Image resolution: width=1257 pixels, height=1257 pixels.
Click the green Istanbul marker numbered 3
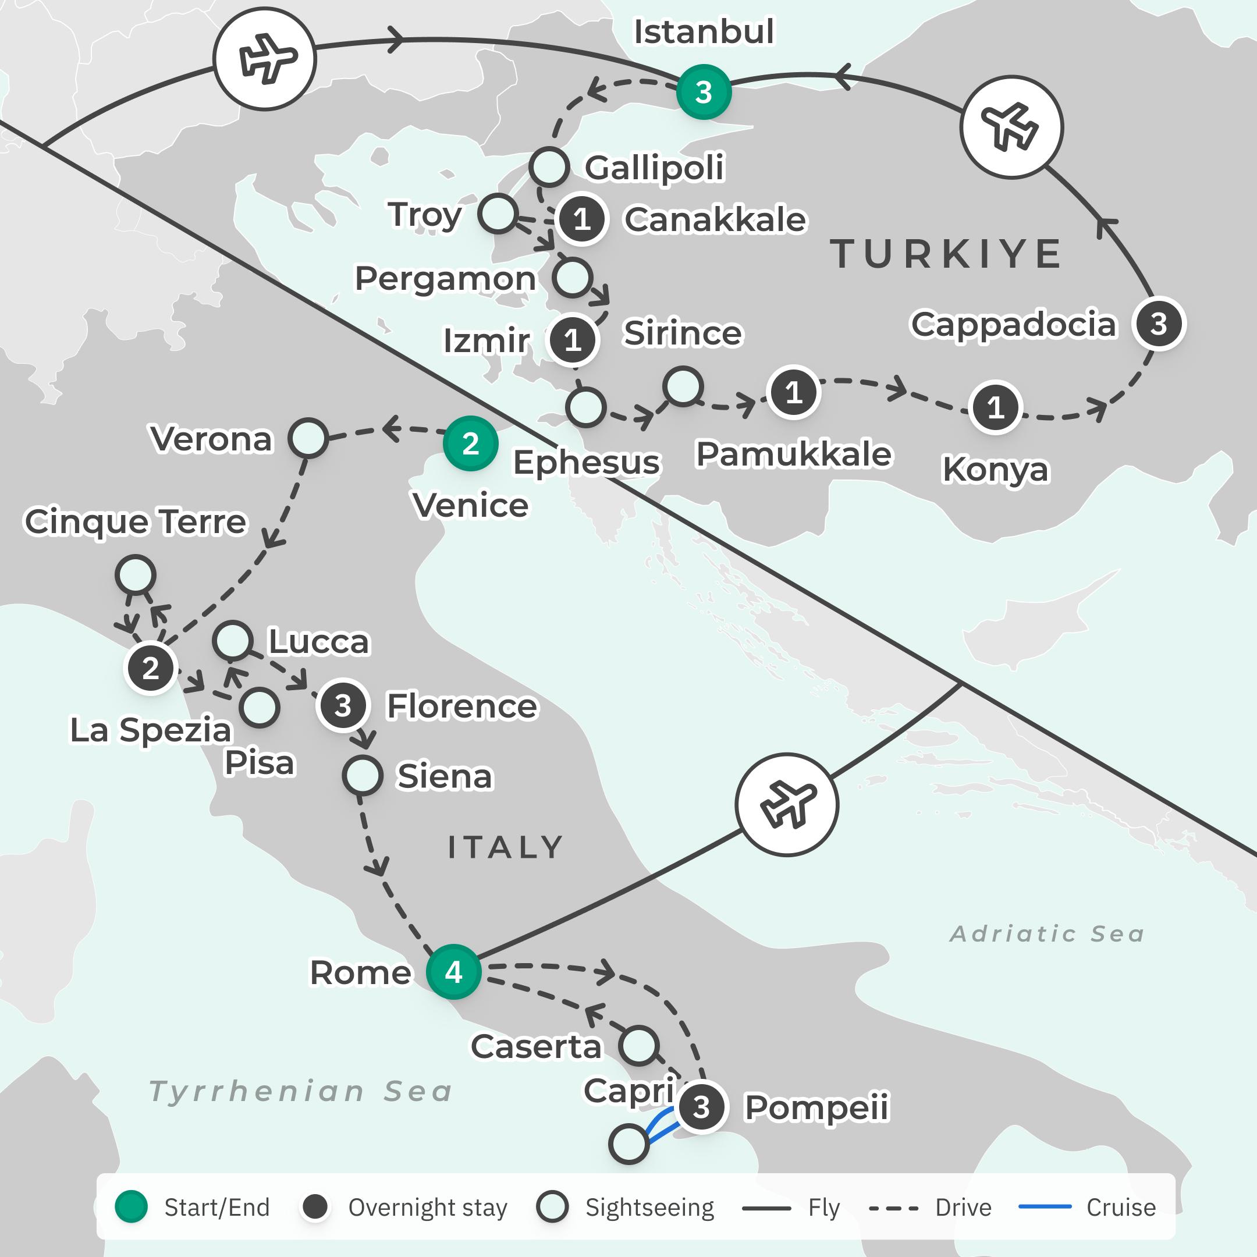pos(704,92)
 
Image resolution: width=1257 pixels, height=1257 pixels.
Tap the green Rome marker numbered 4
pos(453,972)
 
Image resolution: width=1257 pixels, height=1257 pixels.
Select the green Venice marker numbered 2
pos(470,443)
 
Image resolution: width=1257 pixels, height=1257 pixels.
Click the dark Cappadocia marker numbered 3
pos(1159,324)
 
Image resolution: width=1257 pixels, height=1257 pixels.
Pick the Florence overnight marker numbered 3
pos(343,706)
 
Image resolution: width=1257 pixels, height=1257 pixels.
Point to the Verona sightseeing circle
pos(308,438)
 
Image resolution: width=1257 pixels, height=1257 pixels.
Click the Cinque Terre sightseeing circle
pos(136,575)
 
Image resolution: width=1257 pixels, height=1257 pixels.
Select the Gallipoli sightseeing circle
pos(549,167)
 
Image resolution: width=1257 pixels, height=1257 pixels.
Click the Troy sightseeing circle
pos(498,214)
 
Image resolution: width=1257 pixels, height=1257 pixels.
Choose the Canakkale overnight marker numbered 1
pos(582,219)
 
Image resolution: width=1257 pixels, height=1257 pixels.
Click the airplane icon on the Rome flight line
pos(787,805)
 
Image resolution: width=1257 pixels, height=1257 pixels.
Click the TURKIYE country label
pos(947,254)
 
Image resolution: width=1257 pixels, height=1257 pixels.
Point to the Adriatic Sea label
pos(1047,933)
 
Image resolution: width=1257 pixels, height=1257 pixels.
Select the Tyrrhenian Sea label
pos(301,1091)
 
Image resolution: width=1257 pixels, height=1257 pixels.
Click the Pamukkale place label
pos(794,454)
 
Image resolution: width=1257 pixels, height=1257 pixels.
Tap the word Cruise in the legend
pos(1121,1208)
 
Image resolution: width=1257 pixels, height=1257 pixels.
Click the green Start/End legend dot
pos(132,1207)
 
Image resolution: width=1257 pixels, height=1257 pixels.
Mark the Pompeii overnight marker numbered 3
pos(701,1107)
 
